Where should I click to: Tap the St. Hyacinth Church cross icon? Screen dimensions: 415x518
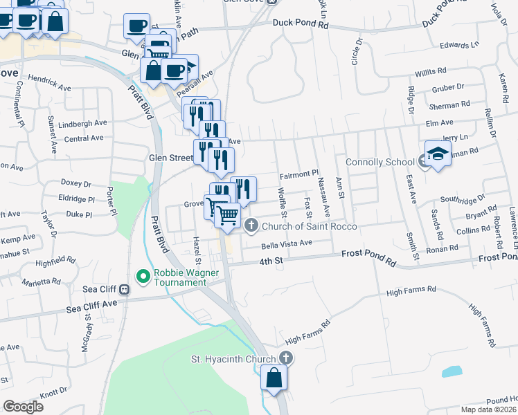click(x=287, y=358)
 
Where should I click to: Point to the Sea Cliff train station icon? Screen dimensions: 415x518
click(x=125, y=289)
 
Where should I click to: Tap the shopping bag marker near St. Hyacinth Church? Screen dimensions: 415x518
click(x=274, y=378)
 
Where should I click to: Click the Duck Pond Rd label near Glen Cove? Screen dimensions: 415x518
click(x=300, y=23)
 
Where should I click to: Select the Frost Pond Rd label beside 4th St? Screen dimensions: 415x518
click(x=368, y=255)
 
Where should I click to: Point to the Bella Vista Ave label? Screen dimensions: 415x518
click(x=287, y=243)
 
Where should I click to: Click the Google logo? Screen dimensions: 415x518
click(x=24, y=407)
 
